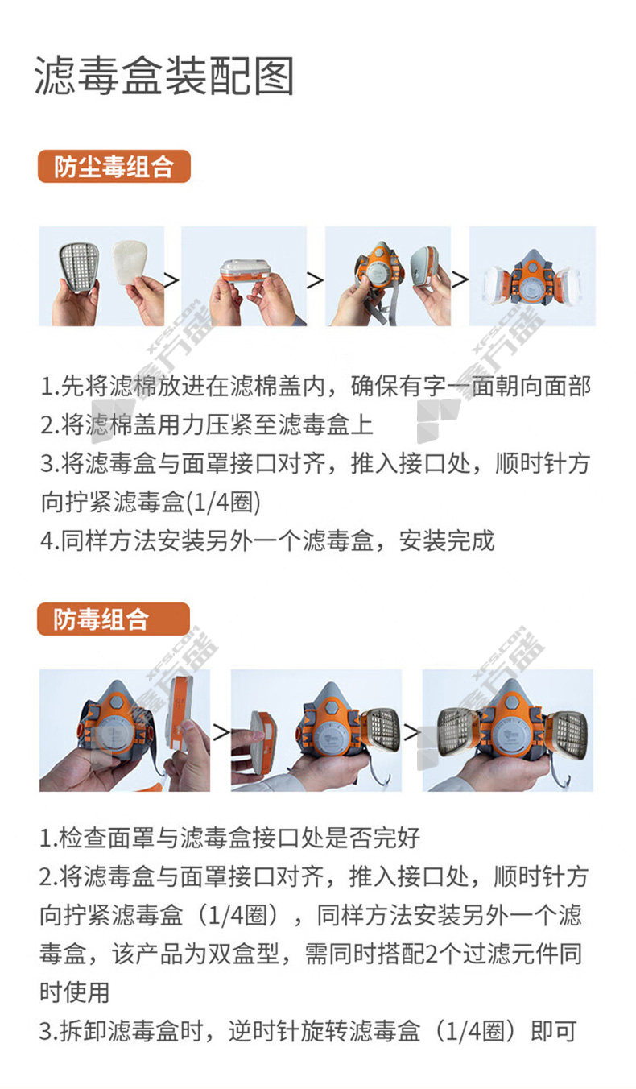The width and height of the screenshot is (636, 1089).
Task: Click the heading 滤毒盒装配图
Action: point(164,76)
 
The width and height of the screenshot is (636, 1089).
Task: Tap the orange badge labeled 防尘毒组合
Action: point(114,166)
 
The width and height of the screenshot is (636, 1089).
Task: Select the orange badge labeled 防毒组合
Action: point(114,619)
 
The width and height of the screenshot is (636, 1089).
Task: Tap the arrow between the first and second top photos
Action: point(171,280)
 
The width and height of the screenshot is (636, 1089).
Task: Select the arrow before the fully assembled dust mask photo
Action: point(460,279)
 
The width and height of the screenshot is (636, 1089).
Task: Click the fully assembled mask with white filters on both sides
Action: point(531,282)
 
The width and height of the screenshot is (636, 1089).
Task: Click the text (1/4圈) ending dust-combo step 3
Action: point(223,502)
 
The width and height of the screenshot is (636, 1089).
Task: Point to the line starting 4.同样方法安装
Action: point(268,540)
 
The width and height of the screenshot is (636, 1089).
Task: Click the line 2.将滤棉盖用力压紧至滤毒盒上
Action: point(207,424)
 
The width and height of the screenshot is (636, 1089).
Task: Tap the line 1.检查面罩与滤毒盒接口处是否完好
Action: point(229,838)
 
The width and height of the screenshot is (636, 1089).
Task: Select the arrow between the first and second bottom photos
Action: point(221,732)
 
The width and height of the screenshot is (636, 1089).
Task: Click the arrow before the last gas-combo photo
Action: point(411,732)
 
